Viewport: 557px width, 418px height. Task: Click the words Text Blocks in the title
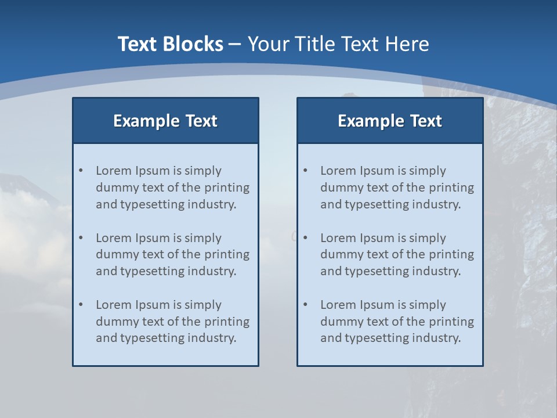point(170,44)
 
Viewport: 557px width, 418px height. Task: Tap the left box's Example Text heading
point(165,121)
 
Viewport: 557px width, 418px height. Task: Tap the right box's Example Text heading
point(390,121)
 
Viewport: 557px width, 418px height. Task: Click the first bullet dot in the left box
point(81,171)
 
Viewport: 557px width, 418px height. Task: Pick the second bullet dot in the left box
point(81,238)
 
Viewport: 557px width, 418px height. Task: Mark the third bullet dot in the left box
point(81,305)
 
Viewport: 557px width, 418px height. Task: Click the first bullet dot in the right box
point(305,171)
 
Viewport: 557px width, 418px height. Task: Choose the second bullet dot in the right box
point(305,238)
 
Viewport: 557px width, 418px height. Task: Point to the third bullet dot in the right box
point(305,305)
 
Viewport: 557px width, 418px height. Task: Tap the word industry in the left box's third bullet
point(212,338)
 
